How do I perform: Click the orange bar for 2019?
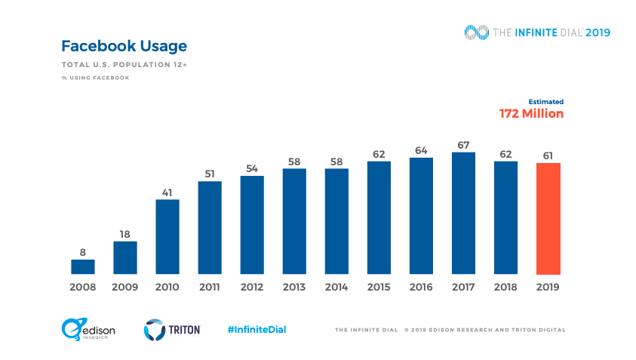tap(548, 218)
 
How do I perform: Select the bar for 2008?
tap(83, 266)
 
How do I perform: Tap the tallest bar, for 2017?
tap(463, 213)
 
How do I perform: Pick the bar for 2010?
tap(167, 236)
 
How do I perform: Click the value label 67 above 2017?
tap(463, 145)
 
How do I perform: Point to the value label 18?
tap(125, 234)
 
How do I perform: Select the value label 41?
tap(167, 192)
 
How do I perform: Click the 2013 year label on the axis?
tap(294, 287)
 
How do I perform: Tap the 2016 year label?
tap(421, 287)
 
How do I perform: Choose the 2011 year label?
tap(210, 287)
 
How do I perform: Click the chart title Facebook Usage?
tap(124, 46)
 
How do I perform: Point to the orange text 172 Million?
tap(531, 113)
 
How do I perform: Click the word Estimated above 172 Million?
tap(545, 101)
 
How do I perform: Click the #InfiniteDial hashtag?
tap(257, 329)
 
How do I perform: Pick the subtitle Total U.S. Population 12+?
tap(124, 65)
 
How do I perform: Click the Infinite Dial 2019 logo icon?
tap(475, 32)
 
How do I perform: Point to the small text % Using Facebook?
tap(95, 78)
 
